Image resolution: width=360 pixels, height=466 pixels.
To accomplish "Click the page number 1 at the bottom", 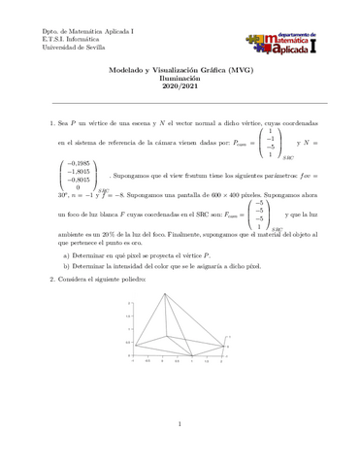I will pos(180,424).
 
